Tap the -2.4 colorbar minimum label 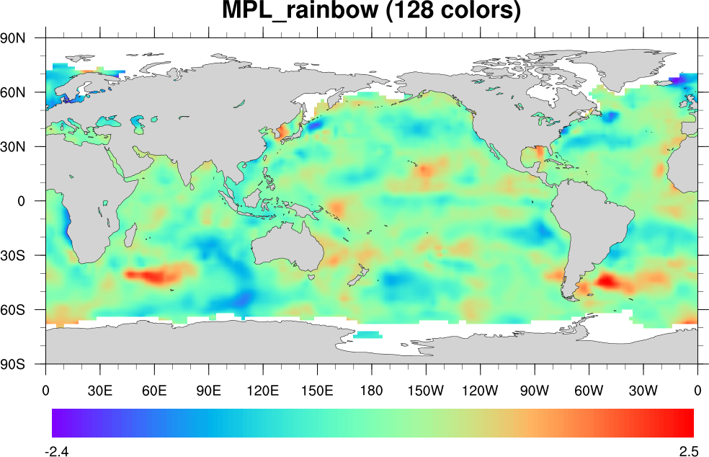tap(56, 451)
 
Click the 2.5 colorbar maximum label tap(688, 451)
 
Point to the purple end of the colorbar tap(58, 423)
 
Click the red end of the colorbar tap(688, 423)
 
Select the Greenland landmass tap(555, 68)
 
